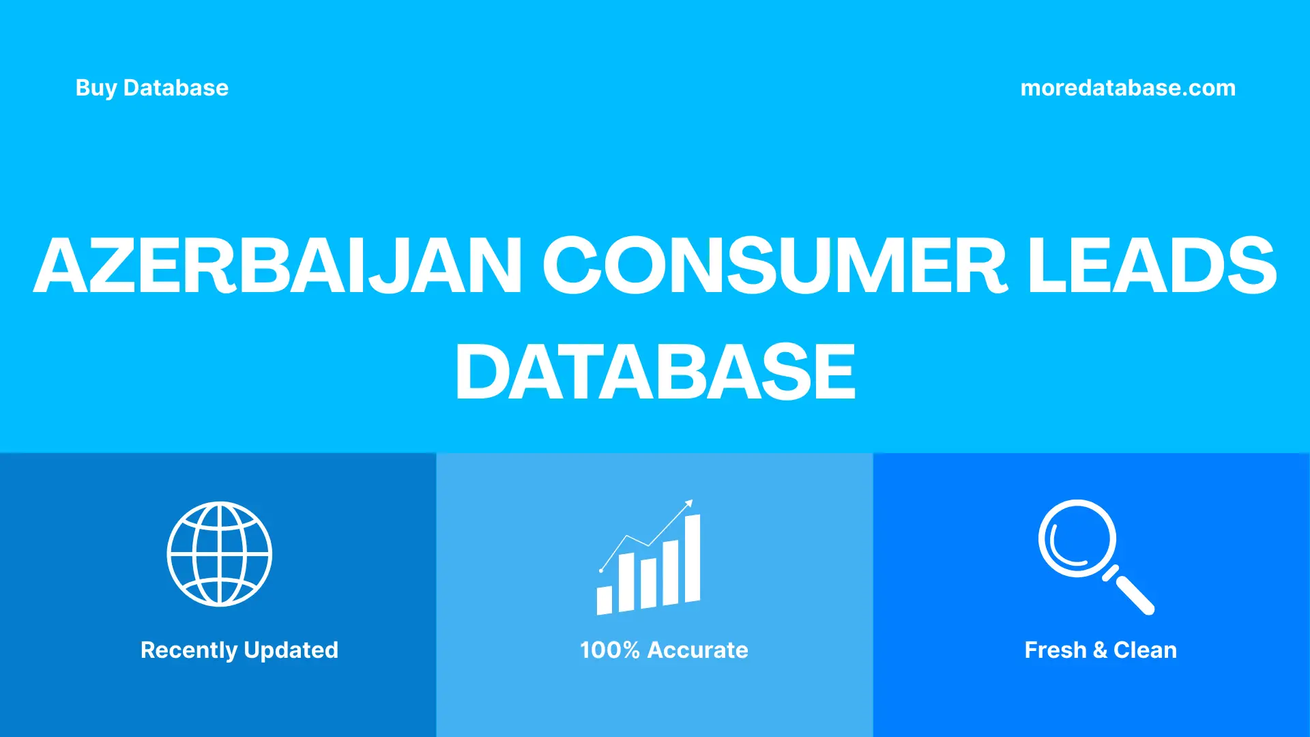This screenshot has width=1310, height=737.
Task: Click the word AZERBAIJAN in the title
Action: [278, 266]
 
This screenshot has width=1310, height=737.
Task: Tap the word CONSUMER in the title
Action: [774, 266]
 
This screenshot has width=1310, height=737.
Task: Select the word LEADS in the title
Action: [1152, 266]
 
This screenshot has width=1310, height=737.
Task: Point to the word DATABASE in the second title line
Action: [655, 372]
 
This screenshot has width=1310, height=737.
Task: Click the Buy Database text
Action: [151, 88]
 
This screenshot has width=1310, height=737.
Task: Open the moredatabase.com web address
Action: [1128, 88]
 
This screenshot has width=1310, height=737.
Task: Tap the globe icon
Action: [220, 554]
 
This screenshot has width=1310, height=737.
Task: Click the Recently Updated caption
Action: [239, 650]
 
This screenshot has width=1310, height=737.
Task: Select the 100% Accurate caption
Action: [664, 650]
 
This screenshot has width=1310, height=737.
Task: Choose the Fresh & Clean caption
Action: [1101, 650]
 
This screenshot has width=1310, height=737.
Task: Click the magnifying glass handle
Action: [1134, 594]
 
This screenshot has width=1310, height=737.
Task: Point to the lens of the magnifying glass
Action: [1077, 538]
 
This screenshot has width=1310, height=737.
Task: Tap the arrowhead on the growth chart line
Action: [689, 504]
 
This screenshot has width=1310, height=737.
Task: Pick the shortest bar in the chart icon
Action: [605, 600]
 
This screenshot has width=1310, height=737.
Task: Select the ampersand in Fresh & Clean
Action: [1100, 650]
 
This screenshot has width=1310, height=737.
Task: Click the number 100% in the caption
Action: [609, 650]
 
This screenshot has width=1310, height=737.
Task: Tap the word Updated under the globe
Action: [291, 650]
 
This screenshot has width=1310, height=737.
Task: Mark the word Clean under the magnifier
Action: [1145, 650]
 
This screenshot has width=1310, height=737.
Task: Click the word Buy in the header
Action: [96, 88]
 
